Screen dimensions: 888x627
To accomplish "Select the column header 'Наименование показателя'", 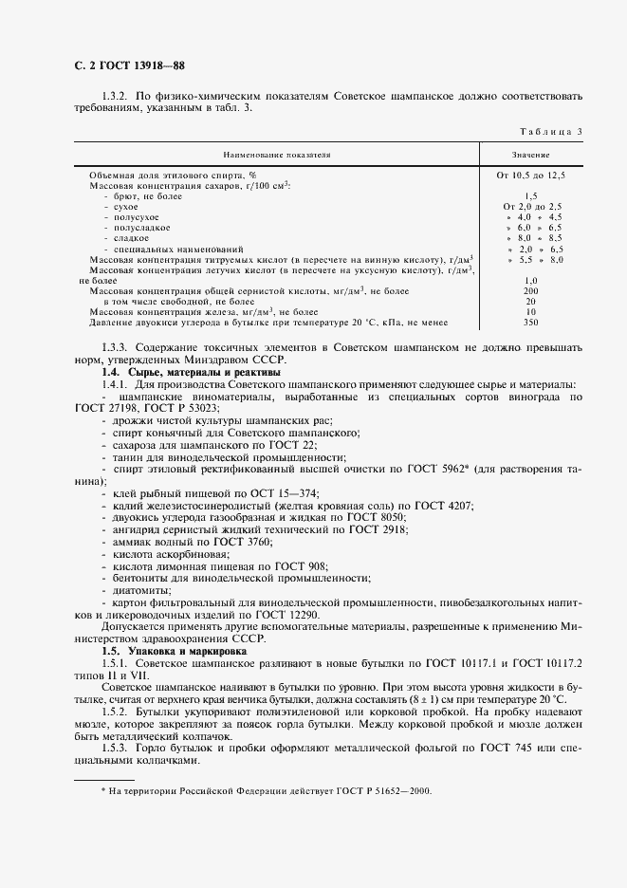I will (x=277, y=154).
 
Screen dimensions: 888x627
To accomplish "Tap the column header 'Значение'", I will (x=530, y=154).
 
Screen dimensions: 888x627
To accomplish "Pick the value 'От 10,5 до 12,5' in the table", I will (x=530, y=176).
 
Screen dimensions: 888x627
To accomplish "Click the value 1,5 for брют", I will (x=530, y=194).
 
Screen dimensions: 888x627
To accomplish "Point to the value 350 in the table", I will (x=530, y=323).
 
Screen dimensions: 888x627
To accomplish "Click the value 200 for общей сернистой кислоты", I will (x=530, y=290).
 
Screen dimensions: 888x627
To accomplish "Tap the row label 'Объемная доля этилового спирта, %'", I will (x=173, y=176).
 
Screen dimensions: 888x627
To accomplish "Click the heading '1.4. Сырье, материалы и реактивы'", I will (x=176, y=372).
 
